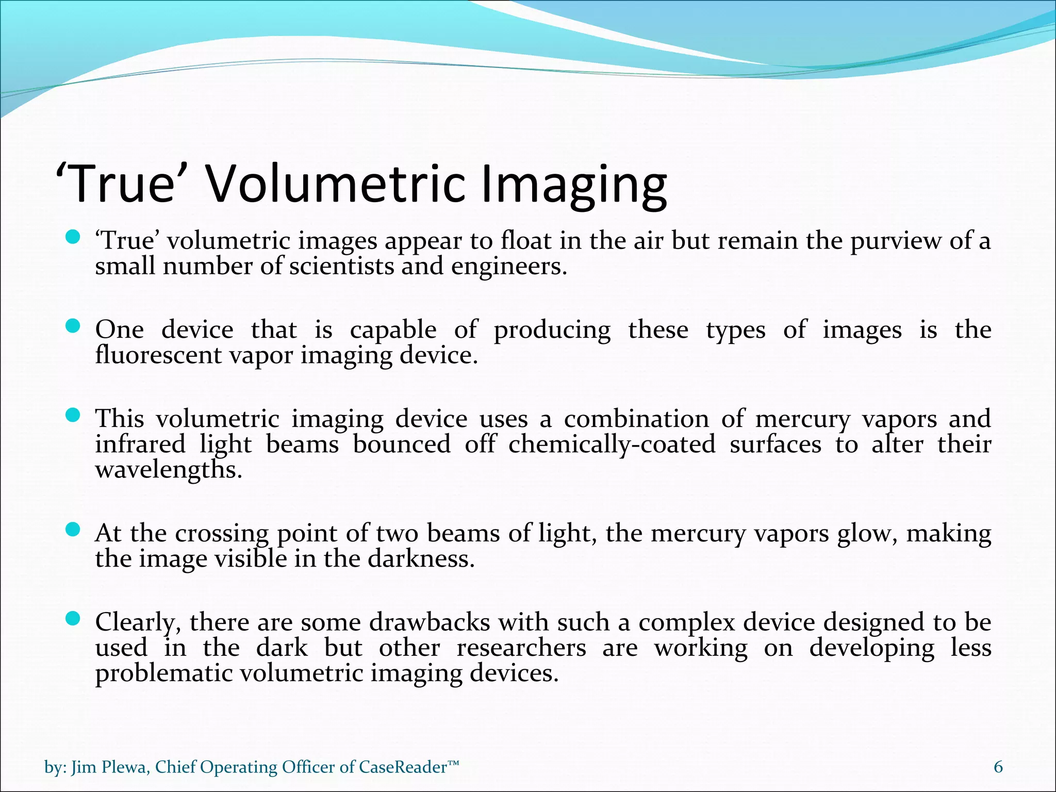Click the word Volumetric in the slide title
(335, 184)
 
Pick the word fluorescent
(158, 355)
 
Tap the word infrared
(140, 444)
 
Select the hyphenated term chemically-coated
(612, 444)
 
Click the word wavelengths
(168, 470)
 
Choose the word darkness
(421, 559)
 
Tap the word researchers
(521, 648)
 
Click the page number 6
(998, 767)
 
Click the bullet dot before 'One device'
(74, 326)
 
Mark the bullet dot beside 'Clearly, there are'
(74, 618)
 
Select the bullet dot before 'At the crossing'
(74, 529)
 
